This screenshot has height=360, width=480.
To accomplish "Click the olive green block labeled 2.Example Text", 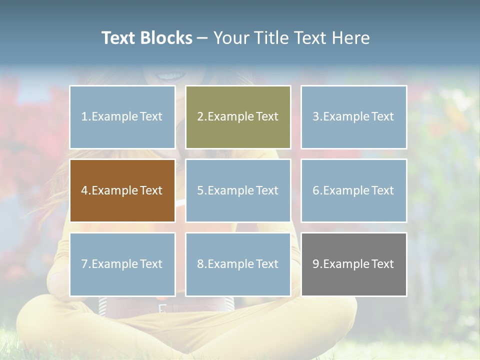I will point(238,117).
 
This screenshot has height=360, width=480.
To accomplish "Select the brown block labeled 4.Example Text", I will point(122,190).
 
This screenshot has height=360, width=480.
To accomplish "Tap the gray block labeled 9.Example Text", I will point(353,264).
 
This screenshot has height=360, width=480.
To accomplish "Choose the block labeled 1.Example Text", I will point(122,117).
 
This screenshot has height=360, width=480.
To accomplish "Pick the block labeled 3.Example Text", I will point(353,117).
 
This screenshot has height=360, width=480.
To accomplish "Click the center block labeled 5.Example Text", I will point(238,190).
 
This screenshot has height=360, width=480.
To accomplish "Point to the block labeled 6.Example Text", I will point(353,190).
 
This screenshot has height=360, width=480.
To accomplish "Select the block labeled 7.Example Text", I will point(122,264).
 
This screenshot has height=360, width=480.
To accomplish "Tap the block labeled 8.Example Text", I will point(238,264).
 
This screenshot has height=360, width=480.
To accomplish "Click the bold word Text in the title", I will point(118,38).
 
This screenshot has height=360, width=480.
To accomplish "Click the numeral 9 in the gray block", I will point(316,264).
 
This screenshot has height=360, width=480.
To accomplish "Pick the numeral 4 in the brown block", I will point(84,190).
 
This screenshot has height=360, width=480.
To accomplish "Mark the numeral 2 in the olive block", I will point(200,117).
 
